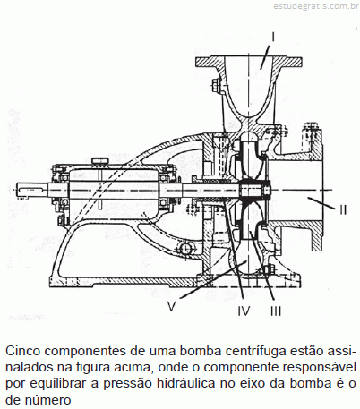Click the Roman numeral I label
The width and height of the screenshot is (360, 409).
click(273, 37)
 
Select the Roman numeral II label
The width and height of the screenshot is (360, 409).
click(343, 210)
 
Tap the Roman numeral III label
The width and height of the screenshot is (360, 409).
click(276, 311)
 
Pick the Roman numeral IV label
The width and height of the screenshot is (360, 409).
click(244, 311)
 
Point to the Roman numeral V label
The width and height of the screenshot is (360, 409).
click(171, 306)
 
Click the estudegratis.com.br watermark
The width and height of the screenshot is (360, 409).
click(316, 6)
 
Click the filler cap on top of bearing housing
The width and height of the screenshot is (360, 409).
click(100, 160)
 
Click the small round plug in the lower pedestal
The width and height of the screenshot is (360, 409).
click(185, 248)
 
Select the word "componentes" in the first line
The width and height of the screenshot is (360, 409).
click(85, 352)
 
